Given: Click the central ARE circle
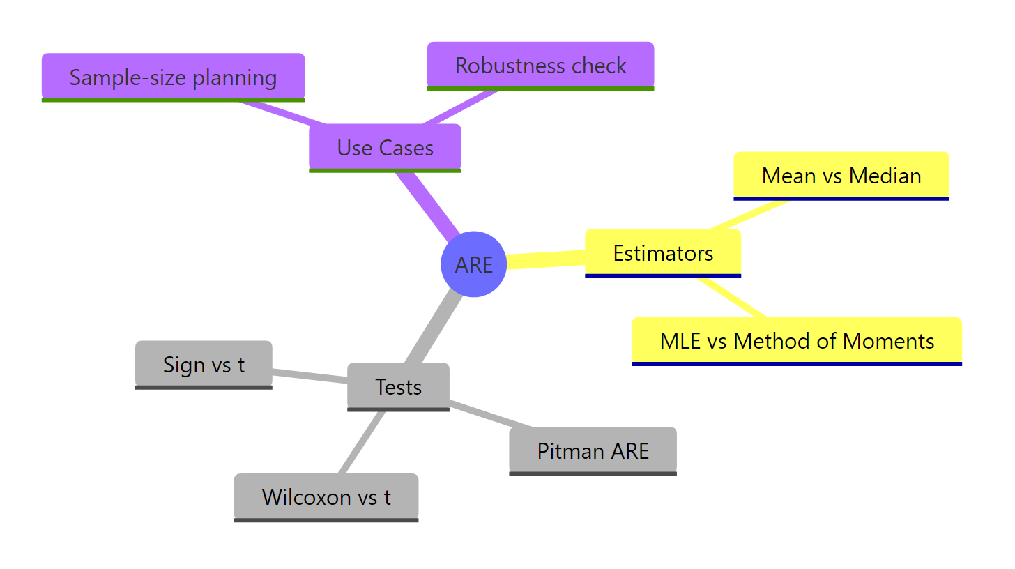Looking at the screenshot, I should point(474,264).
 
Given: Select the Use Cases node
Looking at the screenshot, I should point(385,147).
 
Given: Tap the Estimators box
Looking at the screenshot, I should point(663,252).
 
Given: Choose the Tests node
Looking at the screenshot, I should point(398,386).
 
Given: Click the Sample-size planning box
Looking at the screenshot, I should point(173,77).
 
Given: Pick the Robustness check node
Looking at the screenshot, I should point(540,66).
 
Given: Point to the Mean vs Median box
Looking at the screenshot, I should point(841,175).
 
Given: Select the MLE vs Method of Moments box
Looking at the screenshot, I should point(797,340).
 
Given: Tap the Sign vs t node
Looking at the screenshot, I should point(204,364).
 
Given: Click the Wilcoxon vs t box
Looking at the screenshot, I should point(326,496).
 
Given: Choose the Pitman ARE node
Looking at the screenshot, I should point(593,450).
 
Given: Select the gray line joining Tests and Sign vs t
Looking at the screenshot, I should point(310,375).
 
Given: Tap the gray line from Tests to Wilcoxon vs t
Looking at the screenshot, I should point(362,443).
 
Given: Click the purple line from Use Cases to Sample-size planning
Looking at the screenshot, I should point(279,113).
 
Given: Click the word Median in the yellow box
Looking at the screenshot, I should point(885,175).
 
